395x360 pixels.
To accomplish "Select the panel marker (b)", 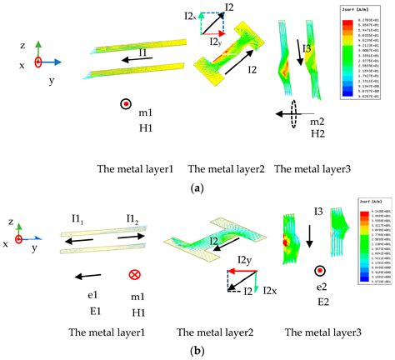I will (197, 351).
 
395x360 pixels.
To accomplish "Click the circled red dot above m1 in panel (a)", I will (125, 103).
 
